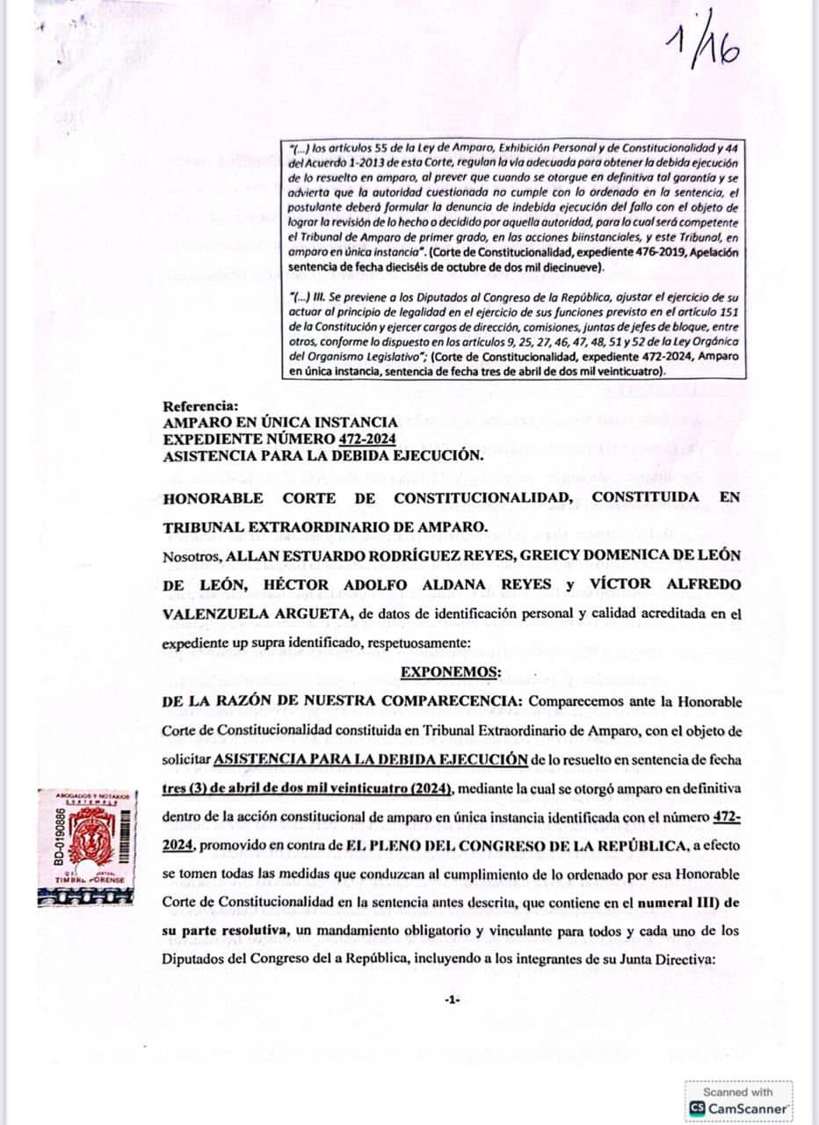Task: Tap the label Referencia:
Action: [x=200, y=406]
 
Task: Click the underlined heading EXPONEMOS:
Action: [x=451, y=672]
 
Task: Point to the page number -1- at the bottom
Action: [x=452, y=999]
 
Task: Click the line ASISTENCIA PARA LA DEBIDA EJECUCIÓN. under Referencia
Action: [x=323, y=455]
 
